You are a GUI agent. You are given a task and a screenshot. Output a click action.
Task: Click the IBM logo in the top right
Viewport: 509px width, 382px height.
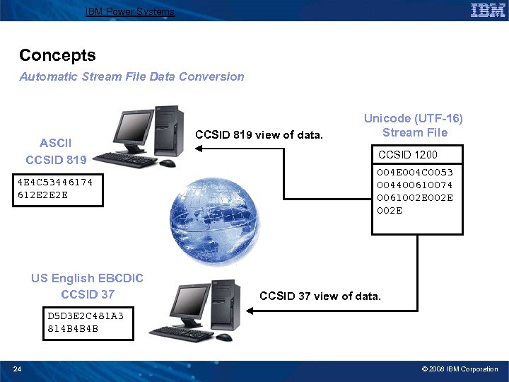(487, 11)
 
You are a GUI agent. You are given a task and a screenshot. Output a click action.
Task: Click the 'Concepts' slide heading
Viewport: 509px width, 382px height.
(57, 55)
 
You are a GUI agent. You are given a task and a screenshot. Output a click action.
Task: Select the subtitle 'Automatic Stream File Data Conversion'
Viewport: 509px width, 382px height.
(131, 76)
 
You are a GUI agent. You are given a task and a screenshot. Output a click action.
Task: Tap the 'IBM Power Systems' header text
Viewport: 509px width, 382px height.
(129, 11)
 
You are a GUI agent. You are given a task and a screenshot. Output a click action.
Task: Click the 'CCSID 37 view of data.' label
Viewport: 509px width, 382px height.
(320, 296)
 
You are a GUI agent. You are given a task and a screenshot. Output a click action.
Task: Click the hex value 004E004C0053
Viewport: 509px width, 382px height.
(415, 172)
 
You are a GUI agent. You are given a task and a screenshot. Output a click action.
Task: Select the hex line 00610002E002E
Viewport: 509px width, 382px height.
(415, 197)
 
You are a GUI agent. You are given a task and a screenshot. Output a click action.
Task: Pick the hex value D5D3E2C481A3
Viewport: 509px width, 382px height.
(85, 316)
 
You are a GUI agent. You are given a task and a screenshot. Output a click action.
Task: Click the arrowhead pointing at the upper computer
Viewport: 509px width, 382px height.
(200, 148)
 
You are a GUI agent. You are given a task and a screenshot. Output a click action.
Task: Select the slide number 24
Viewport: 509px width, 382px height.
(17, 369)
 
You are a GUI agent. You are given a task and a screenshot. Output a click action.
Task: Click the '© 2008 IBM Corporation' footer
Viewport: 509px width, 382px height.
(460, 369)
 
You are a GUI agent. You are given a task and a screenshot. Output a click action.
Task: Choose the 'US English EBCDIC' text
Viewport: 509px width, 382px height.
(87, 278)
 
